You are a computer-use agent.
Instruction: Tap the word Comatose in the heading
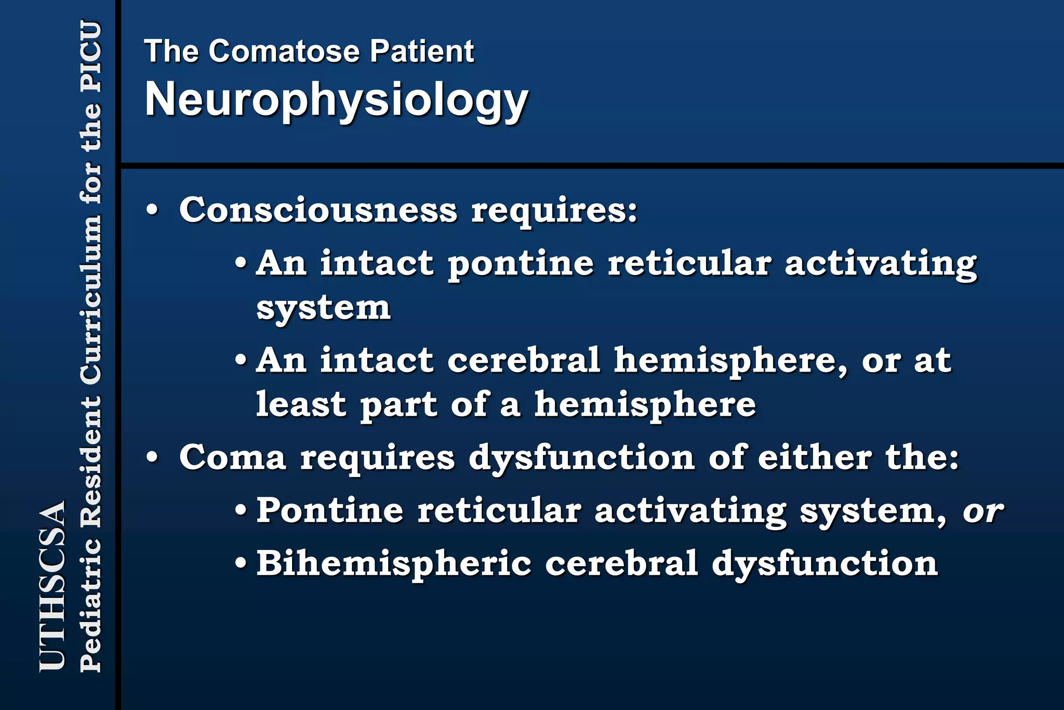284,51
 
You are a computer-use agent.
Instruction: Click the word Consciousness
318,211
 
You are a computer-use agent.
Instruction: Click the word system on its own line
323,308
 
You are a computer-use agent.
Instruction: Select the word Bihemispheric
394,564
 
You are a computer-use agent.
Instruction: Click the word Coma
232,458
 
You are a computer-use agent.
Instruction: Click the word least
301,404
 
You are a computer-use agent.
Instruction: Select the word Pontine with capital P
329,510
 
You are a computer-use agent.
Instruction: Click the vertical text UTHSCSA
52,585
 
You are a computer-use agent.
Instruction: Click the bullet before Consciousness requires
152,211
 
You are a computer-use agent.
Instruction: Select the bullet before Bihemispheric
241,563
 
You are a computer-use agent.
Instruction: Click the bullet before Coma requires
152,458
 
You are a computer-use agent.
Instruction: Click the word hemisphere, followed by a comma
730,361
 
